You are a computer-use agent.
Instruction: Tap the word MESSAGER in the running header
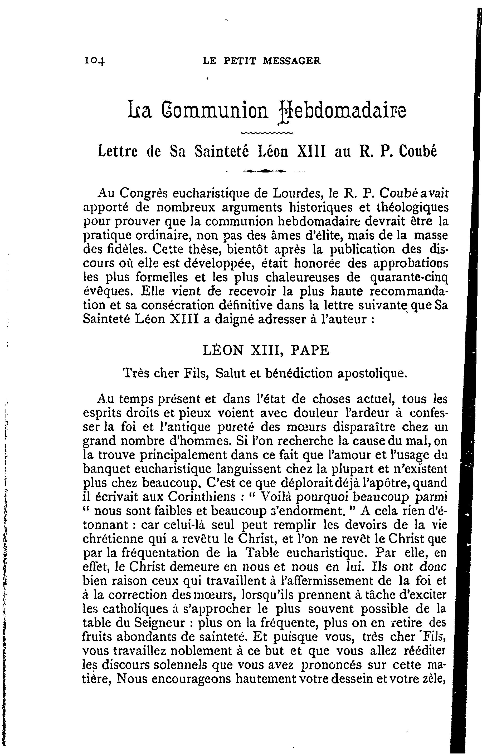292,60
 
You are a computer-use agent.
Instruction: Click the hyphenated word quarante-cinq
409,277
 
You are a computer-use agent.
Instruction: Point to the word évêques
109,292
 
